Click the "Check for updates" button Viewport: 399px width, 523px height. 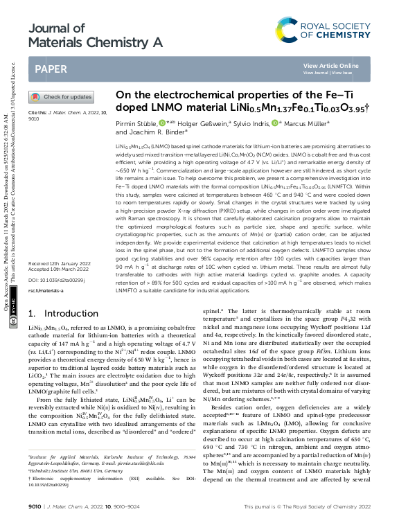[x=70, y=98]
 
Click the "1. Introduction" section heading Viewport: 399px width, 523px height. [x=62, y=313]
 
